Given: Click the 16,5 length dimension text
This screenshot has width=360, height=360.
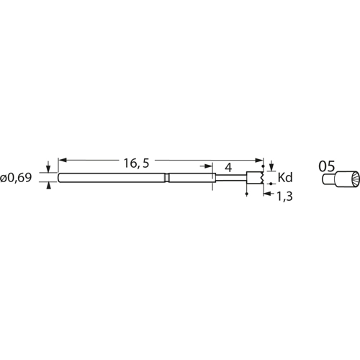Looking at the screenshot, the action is [136, 163].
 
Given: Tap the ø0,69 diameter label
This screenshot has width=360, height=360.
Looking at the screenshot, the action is [16, 178].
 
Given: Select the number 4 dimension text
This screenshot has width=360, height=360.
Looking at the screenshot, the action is [229, 168].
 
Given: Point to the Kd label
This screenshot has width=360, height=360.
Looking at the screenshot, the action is [285, 178].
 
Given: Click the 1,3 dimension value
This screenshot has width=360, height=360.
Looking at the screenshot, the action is [285, 197].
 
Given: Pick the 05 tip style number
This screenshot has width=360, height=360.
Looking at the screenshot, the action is [327, 166].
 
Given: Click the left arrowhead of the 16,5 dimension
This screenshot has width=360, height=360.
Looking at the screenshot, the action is [62, 160].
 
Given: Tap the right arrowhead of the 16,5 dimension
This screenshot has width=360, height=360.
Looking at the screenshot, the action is [260, 160].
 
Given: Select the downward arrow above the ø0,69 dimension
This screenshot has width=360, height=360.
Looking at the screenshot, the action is [48, 167].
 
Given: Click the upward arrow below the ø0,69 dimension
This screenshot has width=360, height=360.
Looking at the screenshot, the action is [48, 186].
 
